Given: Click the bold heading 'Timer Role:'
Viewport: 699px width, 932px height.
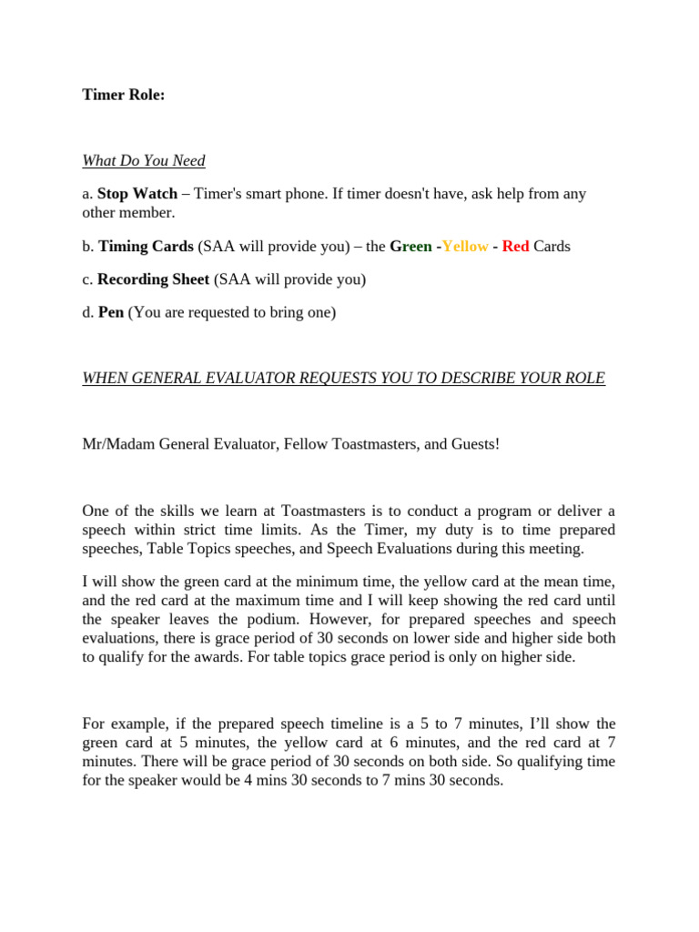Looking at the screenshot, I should point(124,94).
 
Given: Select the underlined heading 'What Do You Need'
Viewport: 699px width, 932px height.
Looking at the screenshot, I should point(144,161).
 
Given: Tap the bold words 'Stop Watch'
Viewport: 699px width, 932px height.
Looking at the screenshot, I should point(137,194).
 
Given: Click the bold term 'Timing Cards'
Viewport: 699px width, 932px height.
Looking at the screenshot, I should point(146,247).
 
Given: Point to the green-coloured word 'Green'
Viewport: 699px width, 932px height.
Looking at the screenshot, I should point(410,247).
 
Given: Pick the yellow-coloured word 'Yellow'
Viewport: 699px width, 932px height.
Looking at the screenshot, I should point(465,247).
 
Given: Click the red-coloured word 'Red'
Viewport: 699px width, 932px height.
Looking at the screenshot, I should point(515,247).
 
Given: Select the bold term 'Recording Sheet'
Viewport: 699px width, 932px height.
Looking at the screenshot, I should point(153,279).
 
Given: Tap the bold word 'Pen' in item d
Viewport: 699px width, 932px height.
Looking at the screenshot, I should point(111,312).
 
